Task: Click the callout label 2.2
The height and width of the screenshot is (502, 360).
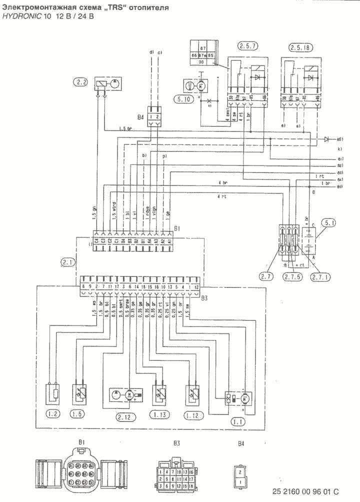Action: click(x=82, y=80)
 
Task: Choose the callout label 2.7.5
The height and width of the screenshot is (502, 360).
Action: click(x=290, y=275)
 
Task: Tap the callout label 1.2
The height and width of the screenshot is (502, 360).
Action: click(x=53, y=414)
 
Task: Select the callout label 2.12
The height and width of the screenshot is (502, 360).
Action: click(x=125, y=416)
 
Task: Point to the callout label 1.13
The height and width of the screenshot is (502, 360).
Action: click(x=158, y=414)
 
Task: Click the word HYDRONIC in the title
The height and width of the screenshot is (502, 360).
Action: click(x=22, y=16)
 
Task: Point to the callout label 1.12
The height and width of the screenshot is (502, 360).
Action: click(x=192, y=414)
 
